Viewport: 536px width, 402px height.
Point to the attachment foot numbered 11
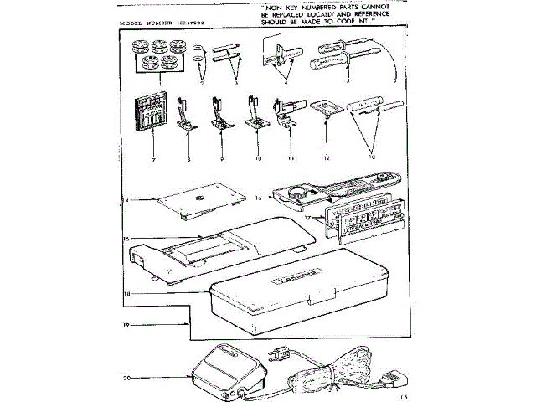click(287, 113)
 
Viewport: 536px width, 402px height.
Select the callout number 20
click(126, 378)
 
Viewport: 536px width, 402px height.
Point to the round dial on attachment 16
click(297, 192)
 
